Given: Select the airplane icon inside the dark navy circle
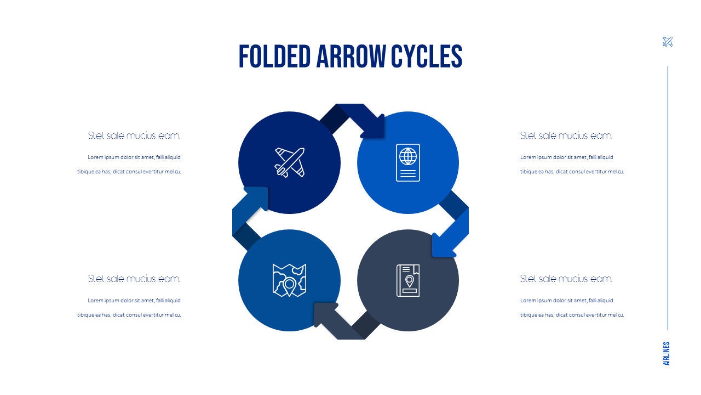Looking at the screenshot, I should (x=289, y=162).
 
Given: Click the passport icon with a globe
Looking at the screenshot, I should (x=408, y=162).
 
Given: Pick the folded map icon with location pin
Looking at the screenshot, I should (x=289, y=280).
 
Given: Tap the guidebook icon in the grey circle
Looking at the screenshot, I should (x=408, y=280).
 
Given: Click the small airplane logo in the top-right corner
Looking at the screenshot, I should (x=668, y=42).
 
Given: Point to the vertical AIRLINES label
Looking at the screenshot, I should (x=666, y=354).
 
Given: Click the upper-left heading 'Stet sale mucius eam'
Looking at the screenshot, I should (x=134, y=136).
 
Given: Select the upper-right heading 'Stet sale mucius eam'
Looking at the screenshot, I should (x=566, y=136).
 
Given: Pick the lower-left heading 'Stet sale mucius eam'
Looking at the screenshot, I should (x=134, y=279).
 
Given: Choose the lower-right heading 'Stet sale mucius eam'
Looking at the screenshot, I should (x=566, y=279).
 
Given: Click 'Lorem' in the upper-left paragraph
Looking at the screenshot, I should (x=94, y=157).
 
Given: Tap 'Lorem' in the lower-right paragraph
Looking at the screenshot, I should (x=527, y=301).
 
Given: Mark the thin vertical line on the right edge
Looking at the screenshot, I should (x=668, y=198).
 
